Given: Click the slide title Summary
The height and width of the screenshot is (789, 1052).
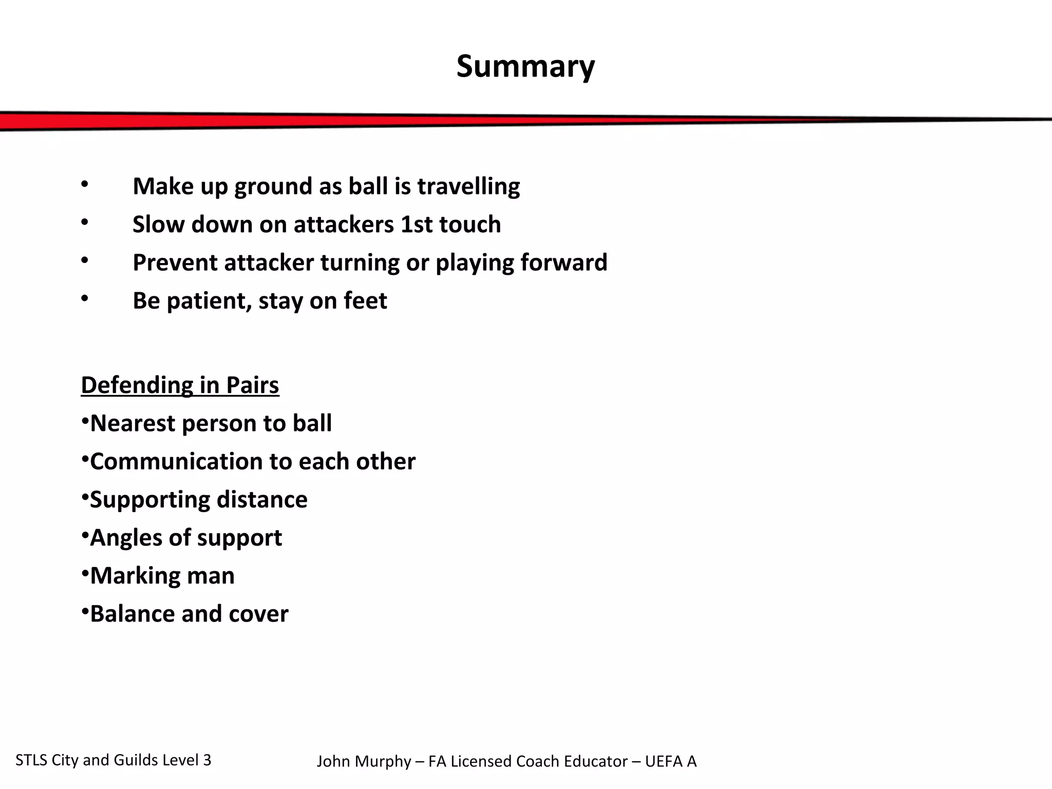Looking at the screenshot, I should click(525, 67).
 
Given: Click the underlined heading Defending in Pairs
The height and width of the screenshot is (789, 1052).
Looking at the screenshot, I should click(180, 385).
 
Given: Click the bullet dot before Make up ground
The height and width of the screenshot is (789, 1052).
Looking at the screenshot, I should click(85, 184).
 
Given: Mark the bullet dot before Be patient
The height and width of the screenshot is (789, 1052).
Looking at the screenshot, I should click(85, 298).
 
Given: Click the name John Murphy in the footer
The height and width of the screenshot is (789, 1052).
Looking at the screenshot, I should click(363, 761).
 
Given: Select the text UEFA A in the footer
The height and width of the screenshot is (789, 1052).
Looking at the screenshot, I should click(670, 761).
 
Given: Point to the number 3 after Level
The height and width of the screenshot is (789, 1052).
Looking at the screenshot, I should click(207, 760).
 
